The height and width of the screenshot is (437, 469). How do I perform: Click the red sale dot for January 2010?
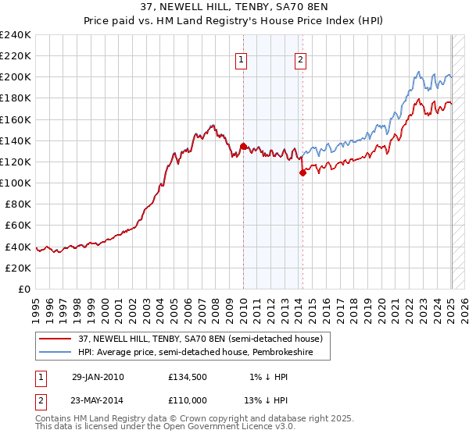(243, 146)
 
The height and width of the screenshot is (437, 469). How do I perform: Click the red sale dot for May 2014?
(303, 172)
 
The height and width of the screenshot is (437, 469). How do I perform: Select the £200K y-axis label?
(16, 77)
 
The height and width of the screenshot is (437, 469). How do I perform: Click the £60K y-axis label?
(18, 225)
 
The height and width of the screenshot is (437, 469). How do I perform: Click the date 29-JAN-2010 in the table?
(98, 377)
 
